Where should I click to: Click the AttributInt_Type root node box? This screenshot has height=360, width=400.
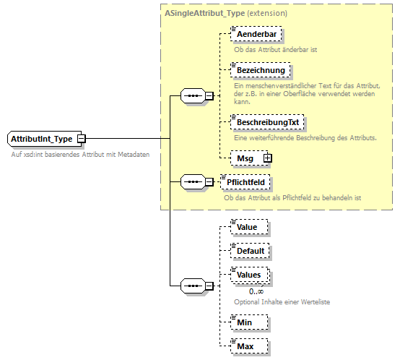click(x=42, y=138)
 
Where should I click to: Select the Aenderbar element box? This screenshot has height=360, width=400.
click(x=255, y=34)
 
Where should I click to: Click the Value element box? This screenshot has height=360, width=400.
click(x=247, y=227)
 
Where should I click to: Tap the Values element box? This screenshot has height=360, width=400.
click(x=249, y=275)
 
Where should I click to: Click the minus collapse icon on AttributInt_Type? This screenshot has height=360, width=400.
click(x=82, y=138)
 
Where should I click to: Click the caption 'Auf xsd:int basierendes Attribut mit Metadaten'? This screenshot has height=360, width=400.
click(x=80, y=155)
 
